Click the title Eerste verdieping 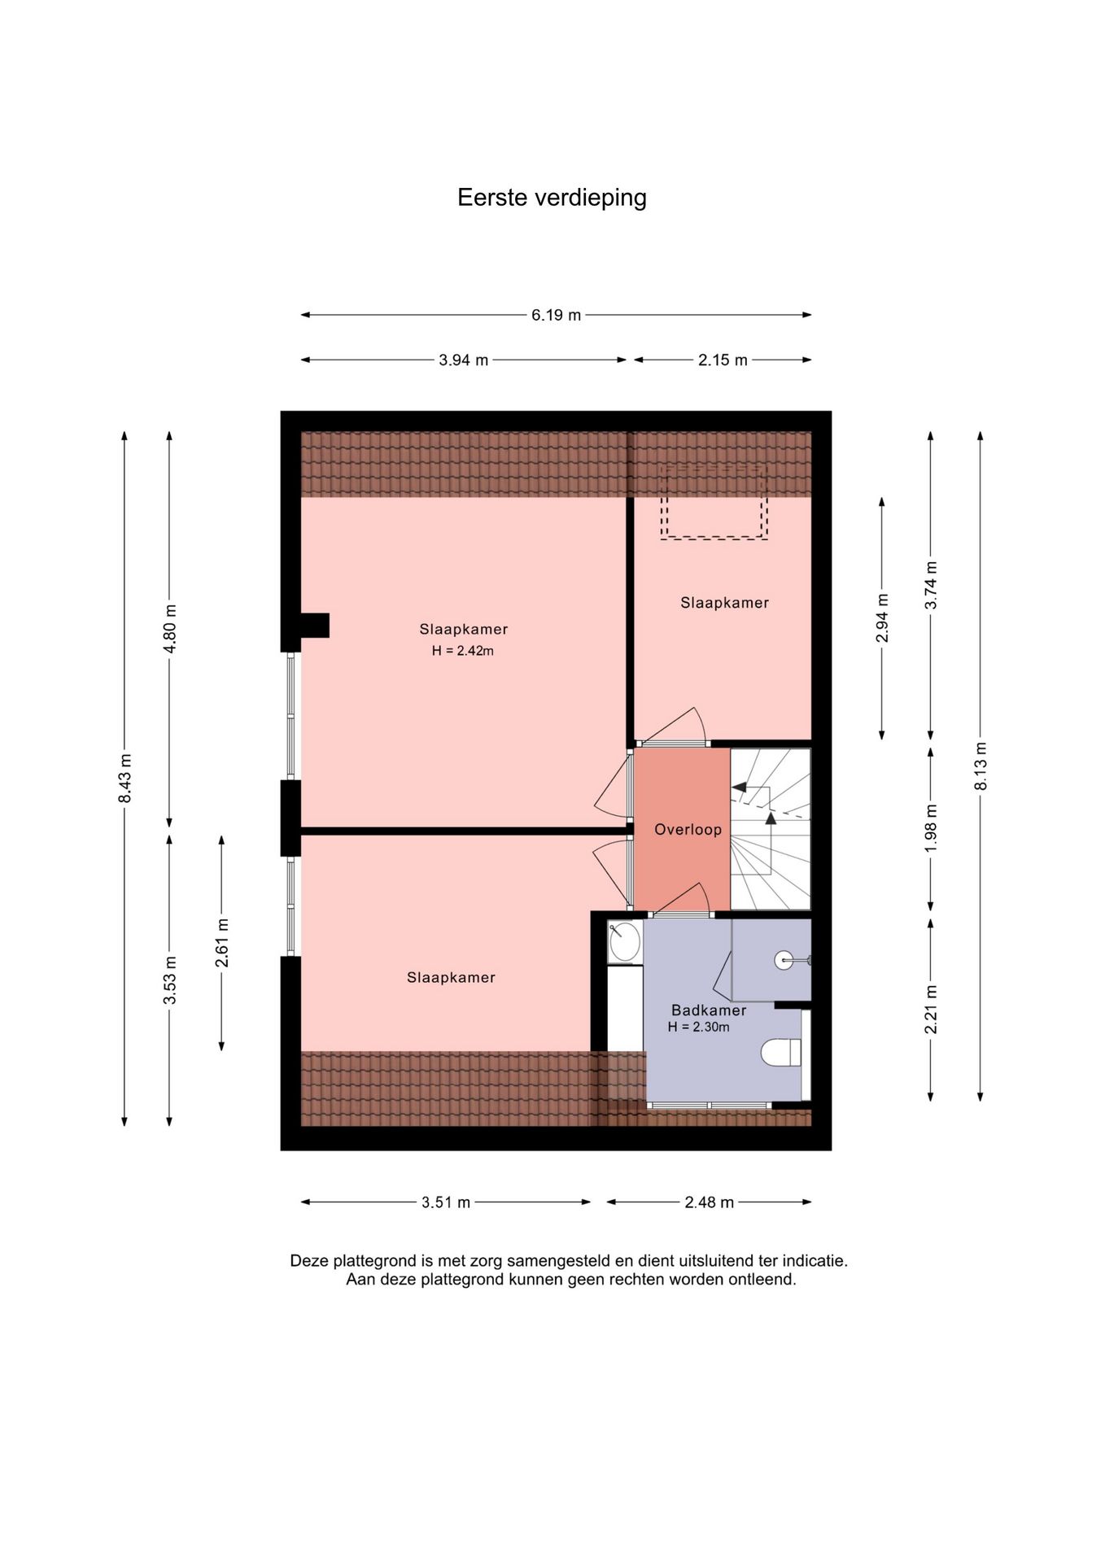(552, 198)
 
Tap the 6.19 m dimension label (557, 315)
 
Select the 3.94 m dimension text (464, 360)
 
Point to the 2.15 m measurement (723, 360)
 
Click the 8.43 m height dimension (125, 779)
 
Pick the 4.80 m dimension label (169, 629)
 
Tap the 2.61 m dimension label (221, 943)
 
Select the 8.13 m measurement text (981, 766)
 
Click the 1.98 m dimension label (931, 828)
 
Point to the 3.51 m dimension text (446, 1202)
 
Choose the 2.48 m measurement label (710, 1202)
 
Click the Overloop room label (688, 830)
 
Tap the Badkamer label (709, 1010)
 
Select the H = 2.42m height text (463, 651)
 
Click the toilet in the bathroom (782, 1053)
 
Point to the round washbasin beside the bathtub (625, 942)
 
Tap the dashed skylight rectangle (714, 503)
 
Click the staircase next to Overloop (771, 828)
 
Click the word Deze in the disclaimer (310, 1261)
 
